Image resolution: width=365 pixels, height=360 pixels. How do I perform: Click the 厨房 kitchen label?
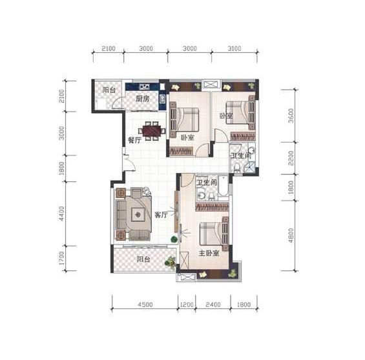click(143, 99)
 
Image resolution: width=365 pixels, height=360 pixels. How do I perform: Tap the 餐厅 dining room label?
click(134, 140)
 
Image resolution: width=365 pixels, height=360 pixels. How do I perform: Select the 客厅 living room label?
click(161, 215)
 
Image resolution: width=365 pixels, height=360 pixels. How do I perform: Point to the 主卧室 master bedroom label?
click(209, 253)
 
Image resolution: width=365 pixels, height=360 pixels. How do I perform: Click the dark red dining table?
click(152, 131)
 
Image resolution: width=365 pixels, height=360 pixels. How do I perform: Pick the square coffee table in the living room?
click(138, 215)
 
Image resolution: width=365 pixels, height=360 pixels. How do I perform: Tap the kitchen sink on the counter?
click(144, 87)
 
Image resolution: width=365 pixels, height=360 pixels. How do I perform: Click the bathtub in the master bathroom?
click(223, 188)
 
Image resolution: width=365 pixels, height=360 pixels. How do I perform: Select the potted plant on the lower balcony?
click(171, 263)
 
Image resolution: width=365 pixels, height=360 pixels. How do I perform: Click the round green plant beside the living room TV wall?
click(174, 239)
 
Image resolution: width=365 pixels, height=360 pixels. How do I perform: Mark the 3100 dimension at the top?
click(234, 48)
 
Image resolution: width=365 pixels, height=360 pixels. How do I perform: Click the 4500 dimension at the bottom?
click(145, 305)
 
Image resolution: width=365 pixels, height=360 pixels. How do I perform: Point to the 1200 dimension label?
click(187, 305)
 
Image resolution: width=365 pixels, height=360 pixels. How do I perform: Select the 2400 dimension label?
click(213, 305)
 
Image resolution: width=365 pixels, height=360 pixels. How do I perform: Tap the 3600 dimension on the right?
click(291, 115)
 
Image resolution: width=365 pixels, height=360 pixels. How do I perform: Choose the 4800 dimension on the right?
click(291, 235)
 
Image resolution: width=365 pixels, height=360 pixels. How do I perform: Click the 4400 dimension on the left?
click(61, 214)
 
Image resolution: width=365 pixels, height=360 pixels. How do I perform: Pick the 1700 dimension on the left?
click(61, 258)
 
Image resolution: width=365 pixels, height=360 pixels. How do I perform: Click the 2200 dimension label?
click(291, 158)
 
